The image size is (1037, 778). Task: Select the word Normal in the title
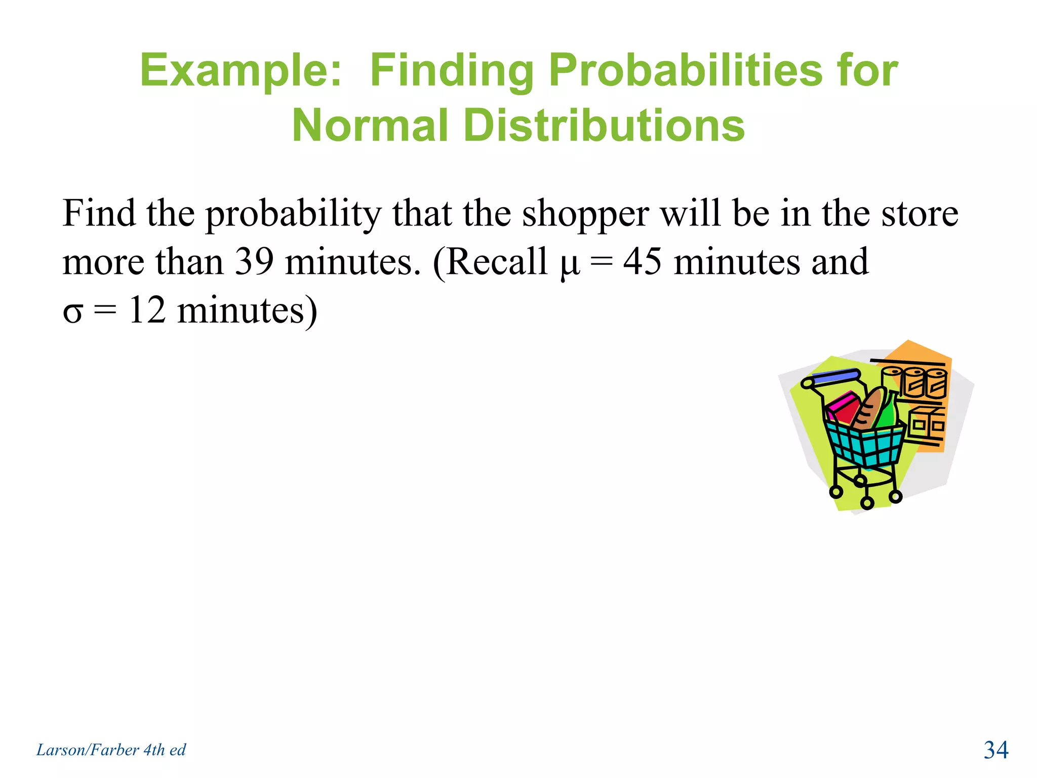[x=370, y=126]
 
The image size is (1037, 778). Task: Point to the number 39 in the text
[x=254, y=262]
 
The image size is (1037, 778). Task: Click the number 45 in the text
[x=642, y=262]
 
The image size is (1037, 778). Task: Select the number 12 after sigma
[x=147, y=310]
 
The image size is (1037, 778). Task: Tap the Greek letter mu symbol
[x=570, y=264]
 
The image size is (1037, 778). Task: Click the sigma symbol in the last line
[x=72, y=313]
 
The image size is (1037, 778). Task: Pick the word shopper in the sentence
[x=585, y=215]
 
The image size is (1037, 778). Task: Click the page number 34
[x=995, y=750]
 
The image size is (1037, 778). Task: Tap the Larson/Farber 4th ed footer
[x=111, y=750]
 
